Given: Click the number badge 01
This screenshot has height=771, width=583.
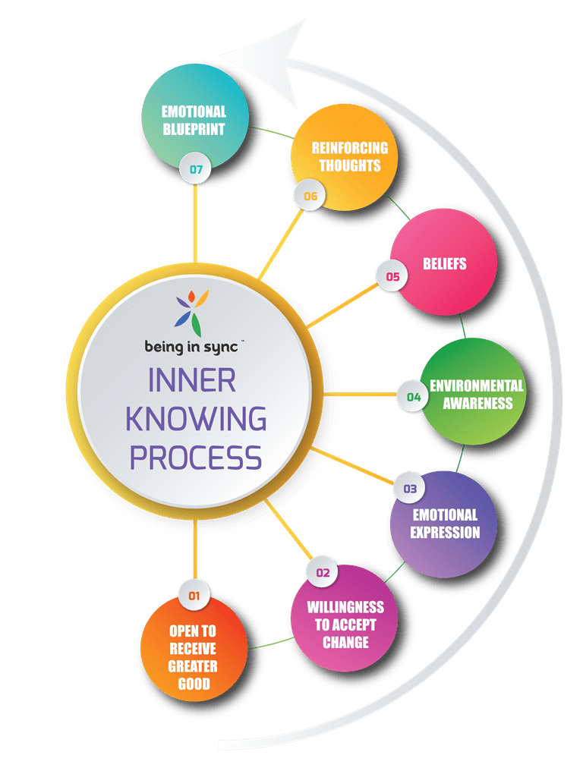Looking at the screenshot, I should pos(194,596).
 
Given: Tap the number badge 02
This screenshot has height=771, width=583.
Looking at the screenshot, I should pos(323,572).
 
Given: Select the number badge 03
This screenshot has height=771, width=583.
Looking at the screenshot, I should pos(410,489).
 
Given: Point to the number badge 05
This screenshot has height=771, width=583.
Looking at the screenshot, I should pos(392,277).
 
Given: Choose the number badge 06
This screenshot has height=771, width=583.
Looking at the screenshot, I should pos(310,196).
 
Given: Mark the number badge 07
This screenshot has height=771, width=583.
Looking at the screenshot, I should pos(196,169).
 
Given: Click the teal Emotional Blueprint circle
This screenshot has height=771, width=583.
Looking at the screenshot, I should pos(194,118).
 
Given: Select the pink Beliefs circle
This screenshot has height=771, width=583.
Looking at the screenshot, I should pos(444,262).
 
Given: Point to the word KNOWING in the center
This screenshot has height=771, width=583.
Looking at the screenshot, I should pos(196,419).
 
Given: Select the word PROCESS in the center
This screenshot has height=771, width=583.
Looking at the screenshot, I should pos(196,458).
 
